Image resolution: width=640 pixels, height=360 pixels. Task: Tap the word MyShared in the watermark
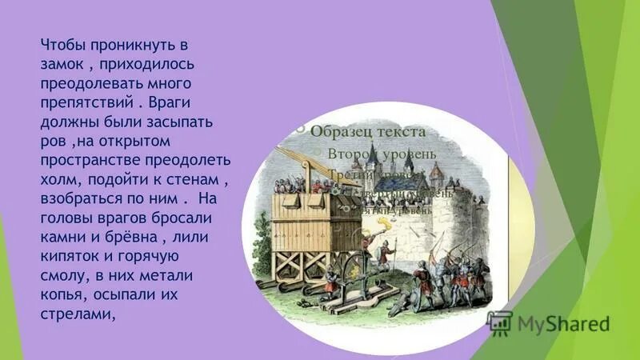click(x=563, y=324)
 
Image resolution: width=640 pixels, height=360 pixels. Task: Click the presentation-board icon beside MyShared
click(x=501, y=322)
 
